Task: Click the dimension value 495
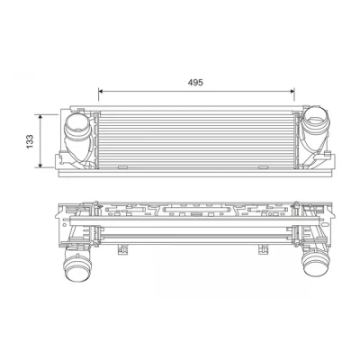tap(195, 82)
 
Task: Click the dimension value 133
tap(30, 141)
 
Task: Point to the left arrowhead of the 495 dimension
tap(101, 91)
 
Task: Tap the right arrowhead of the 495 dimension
tap(292, 91)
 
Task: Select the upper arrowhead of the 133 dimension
tap(40, 116)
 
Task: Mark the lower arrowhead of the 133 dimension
tap(40, 166)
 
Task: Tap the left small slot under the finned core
tap(122, 167)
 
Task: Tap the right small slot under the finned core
tap(263, 167)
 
